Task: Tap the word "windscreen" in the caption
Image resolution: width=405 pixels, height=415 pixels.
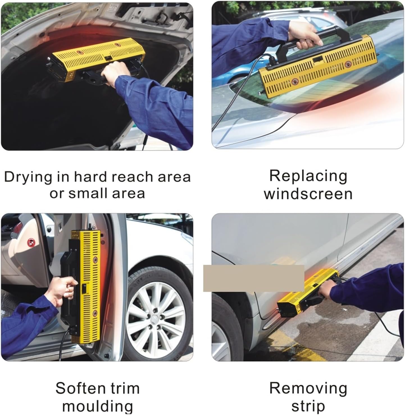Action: [x=308, y=194]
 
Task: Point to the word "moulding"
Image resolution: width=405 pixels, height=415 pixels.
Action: [x=97, y=406]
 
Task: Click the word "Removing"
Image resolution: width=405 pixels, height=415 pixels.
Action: [x=308, y=388]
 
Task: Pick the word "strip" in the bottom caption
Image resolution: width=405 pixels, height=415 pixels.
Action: [x=308, y=406]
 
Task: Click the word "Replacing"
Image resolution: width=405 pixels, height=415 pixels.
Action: [x=308, y=176]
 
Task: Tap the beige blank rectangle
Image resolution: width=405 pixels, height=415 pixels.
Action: [x=254, y=278]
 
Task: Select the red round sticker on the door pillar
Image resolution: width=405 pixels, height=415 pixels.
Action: [x=30, y=241]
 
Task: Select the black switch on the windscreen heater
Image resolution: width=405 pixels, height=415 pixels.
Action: [x=318, y=60]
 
